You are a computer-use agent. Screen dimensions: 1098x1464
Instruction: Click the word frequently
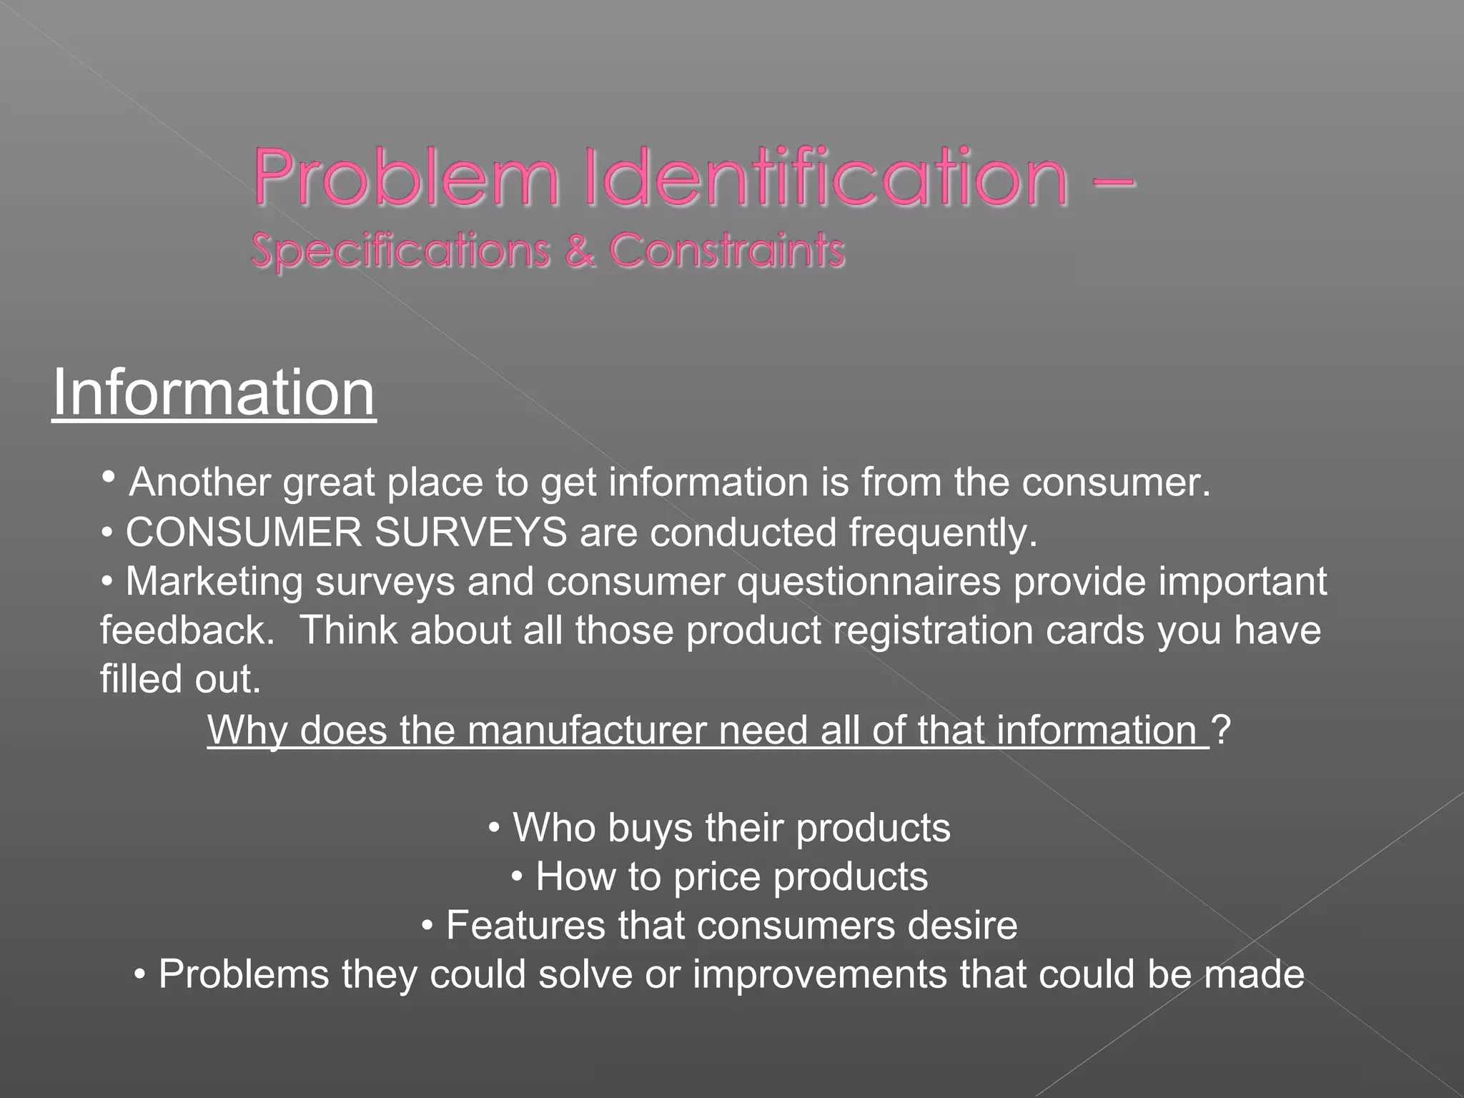point(943,533)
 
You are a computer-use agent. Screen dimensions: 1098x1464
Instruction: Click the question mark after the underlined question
point(1223,730)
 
